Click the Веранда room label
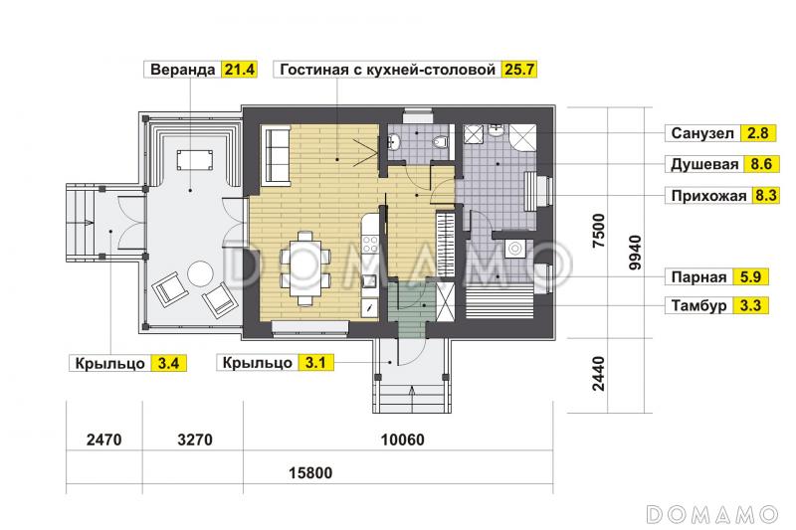click(182, 70)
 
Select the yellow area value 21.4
click(240, 70)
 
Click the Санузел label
click(700, 132)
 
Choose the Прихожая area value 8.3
click(767, 196)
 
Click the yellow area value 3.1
click(315, 363)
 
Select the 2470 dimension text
click(103, 439)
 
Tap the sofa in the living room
click(276, 150)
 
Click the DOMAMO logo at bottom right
click(711, 513)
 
